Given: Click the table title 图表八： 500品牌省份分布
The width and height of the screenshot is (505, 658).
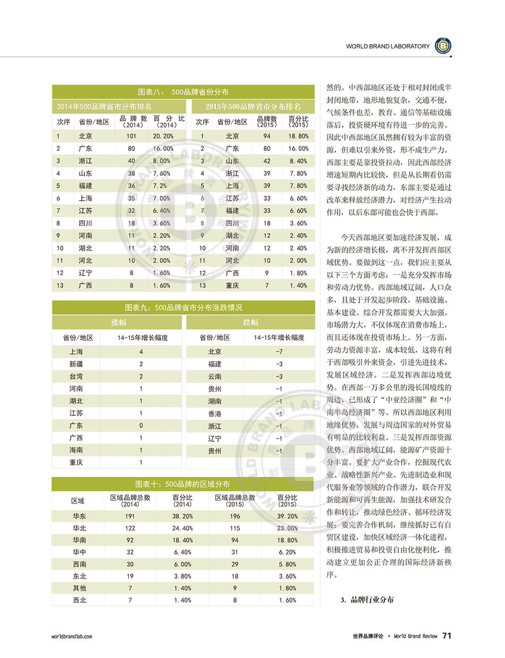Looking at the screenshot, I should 183,91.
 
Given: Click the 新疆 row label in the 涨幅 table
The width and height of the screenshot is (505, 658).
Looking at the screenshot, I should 77,364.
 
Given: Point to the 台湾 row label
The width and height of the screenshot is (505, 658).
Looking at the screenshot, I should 77,376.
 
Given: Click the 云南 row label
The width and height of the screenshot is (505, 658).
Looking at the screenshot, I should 215,377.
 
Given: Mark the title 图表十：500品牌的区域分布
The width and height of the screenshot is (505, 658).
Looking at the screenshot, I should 183,484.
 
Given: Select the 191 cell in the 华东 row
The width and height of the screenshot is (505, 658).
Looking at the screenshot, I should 130,516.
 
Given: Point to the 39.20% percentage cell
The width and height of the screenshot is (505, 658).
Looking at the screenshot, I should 287,516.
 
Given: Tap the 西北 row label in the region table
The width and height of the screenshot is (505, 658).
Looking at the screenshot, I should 80,600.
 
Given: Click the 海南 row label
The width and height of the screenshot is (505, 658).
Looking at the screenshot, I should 77,450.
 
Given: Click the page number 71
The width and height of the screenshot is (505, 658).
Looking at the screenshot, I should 447,636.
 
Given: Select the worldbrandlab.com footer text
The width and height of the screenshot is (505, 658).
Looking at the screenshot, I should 72,636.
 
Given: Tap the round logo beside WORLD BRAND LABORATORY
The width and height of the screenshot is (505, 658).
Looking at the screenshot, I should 443,46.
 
